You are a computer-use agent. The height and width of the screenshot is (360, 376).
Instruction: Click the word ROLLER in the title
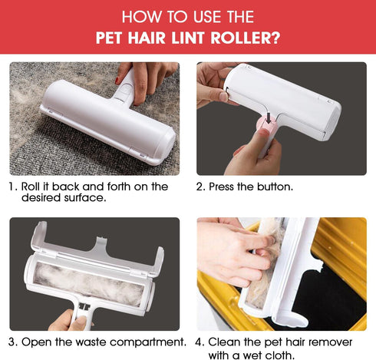pyautogui.click(x=238, y=36)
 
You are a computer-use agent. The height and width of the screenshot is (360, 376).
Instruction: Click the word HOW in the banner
pyautogui.click(x=139, y=16)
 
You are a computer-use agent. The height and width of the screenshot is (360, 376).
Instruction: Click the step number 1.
pyautogui.click(x=12, y=187)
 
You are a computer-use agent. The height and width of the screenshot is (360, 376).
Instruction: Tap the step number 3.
pyautogui.click(x=12, y=341)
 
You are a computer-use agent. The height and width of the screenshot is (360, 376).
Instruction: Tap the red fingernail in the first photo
pyautogui.click(x=117, y=80)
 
